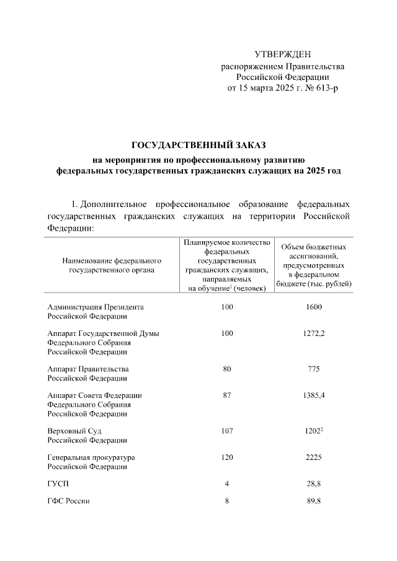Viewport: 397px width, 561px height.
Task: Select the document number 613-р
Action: coord(327,88)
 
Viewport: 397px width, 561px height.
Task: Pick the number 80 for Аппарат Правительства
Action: coord(226,369)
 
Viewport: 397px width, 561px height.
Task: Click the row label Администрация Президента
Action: coord(96,306)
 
